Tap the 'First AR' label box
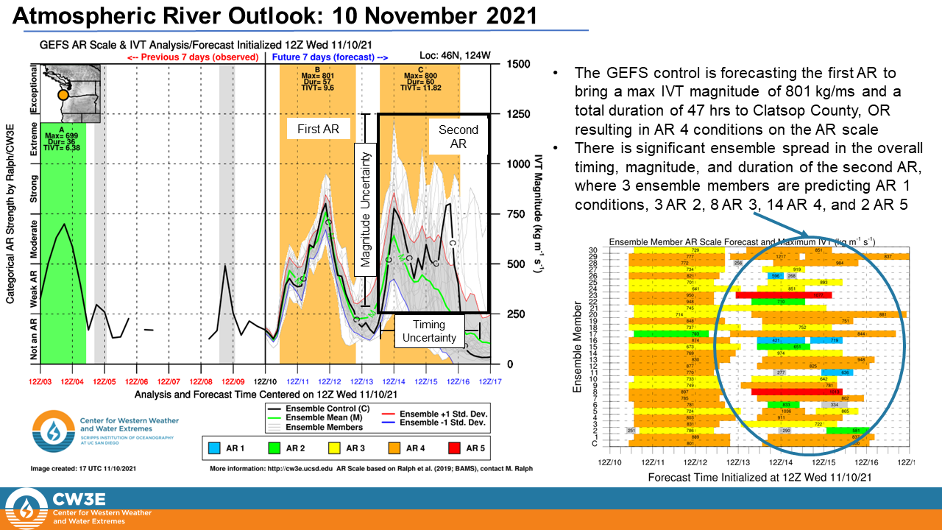(318, 129)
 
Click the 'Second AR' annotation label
(458, 137)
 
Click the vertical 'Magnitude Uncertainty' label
(366, 210)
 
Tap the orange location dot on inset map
(63, 95)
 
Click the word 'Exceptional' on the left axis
(32, 88)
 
